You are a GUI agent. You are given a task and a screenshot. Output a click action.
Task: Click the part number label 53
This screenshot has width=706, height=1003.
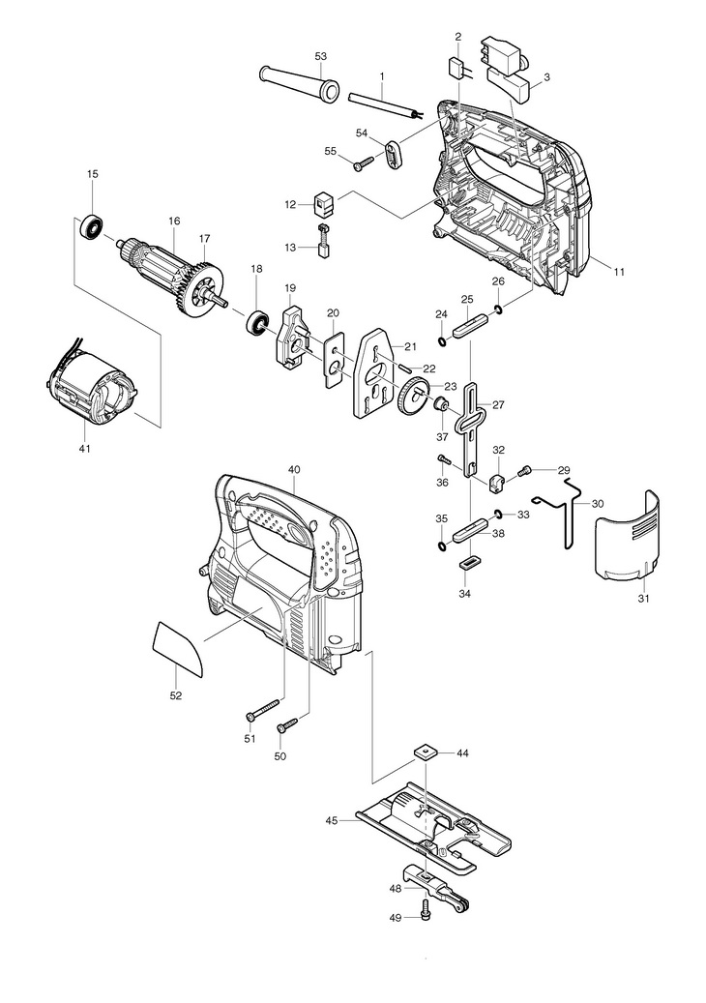pos(320,56)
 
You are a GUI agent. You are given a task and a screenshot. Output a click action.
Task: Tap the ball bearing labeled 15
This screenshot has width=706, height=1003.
pos(92,227)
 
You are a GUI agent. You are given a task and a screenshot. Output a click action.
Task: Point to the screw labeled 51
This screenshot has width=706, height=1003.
pos(263,709)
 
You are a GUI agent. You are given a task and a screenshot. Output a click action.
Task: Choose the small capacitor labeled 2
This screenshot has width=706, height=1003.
pos(458,68)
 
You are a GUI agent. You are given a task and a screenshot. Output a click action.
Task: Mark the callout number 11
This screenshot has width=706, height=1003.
pos(618,273)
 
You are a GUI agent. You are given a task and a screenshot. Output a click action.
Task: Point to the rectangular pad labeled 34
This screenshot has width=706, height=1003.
pos(470,562)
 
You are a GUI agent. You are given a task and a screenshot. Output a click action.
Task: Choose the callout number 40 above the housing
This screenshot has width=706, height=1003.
pos(294,469)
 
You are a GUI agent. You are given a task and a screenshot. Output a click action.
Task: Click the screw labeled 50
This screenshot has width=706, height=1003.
pos(287,725)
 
